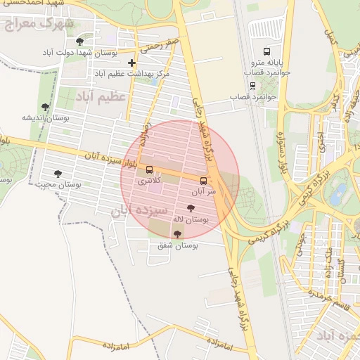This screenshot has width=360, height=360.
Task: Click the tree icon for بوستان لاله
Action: pos(191,208)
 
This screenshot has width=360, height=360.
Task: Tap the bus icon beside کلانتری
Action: pos(149,169)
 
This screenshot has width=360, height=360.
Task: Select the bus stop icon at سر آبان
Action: pos(204,181)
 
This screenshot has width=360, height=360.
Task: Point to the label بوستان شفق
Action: pos(178,245)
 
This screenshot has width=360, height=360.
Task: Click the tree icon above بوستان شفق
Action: pos(176,234)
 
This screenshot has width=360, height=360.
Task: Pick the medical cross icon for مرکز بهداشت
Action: pos(131,63)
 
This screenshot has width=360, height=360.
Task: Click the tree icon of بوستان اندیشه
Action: pos(46,107)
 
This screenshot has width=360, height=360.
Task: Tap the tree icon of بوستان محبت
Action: pos(58,174)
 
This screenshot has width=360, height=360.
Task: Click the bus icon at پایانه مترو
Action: pos(266,52)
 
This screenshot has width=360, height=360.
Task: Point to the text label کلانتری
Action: pos(148,181)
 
